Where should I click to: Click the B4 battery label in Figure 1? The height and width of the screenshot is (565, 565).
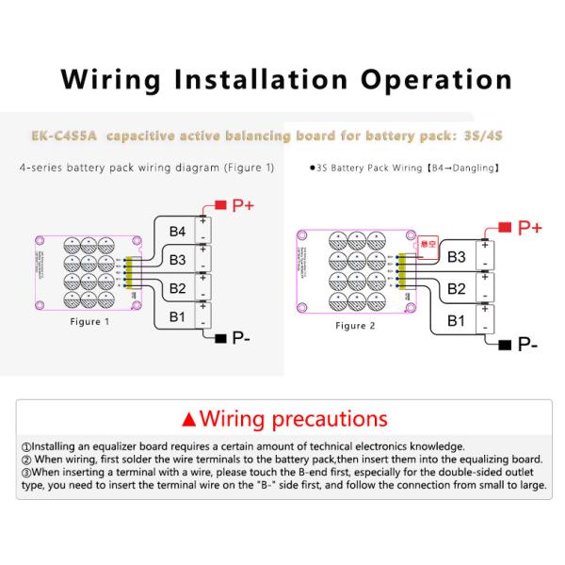177,232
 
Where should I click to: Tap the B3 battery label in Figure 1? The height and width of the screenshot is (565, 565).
177,259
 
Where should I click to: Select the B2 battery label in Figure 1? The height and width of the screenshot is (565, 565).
177,287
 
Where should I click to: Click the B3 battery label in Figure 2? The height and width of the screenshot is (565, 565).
456,255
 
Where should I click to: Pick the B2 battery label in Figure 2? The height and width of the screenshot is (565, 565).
456,288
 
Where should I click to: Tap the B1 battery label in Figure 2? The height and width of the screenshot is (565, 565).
456,320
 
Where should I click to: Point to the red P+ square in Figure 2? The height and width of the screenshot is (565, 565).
504,227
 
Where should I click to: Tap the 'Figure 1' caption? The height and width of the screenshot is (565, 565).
90,322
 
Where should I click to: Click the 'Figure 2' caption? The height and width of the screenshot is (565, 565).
355,325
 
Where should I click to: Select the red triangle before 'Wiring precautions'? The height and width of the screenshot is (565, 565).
188,418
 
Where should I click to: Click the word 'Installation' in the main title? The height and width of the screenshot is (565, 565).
250,79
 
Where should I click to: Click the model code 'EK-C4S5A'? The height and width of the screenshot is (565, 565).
62,137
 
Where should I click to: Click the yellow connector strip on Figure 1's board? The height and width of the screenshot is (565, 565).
129,270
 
